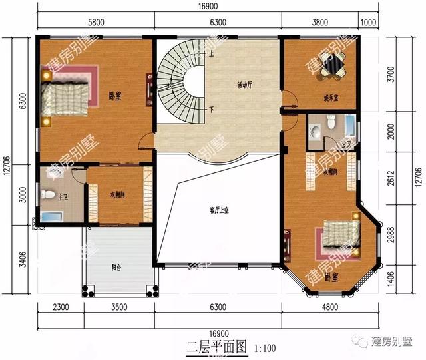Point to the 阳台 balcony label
pos(116,268)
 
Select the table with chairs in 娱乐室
pos(331,65)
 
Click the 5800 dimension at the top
pos(95,22)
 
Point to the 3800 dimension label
pos(320,22)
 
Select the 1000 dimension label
pos(368,22)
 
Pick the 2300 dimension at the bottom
pos(60,307)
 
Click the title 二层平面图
pos(216,347)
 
